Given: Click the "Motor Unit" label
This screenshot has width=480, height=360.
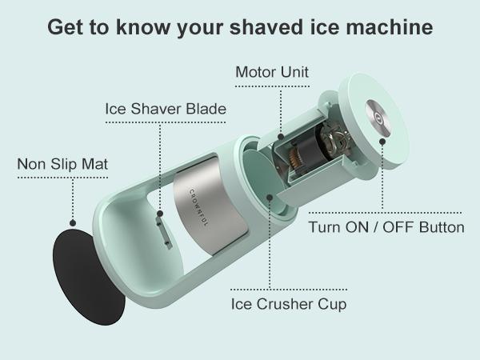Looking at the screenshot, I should [272, 73].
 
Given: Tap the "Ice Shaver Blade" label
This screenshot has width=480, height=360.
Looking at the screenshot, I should [166, 108].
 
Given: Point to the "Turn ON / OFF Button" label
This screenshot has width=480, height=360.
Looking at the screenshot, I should [386, 227].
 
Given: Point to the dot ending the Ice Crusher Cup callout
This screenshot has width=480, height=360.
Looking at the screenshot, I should [270, 195].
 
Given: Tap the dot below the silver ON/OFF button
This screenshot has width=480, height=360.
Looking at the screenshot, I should [382, 141].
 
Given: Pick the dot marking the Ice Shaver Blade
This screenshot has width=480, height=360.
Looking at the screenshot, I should [160, 214].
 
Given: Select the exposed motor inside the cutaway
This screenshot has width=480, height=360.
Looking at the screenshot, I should [308, 152].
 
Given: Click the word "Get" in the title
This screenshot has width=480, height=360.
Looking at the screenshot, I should [65, 26].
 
